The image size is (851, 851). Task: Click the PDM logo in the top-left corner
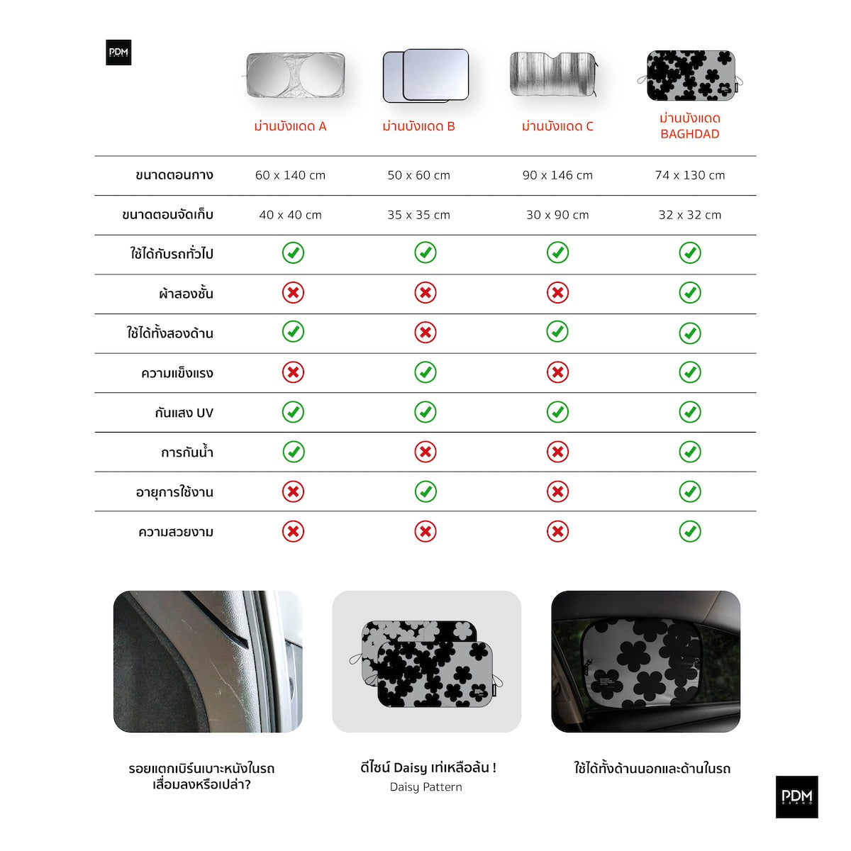118,52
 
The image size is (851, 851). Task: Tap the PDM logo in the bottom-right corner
796,796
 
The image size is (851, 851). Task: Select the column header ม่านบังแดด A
290,127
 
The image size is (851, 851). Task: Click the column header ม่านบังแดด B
418,127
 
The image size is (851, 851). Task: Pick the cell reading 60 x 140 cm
290,175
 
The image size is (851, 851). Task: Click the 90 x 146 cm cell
557,175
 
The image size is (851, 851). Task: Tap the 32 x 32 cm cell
689,215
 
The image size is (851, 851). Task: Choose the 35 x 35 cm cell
418,215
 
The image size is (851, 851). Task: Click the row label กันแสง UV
184,413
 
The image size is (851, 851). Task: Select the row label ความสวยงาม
176,532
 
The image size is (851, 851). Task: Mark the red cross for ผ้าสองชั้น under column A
293,293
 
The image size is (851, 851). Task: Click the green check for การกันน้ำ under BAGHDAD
689,452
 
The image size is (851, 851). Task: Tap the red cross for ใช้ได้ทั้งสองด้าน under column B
425,333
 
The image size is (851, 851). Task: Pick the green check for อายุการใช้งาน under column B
425,491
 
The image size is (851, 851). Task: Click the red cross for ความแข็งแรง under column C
557,372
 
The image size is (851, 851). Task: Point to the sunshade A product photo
295,74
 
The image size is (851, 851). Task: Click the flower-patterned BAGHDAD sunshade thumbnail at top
690,75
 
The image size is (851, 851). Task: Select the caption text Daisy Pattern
425,787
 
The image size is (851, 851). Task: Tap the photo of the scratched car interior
208,661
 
